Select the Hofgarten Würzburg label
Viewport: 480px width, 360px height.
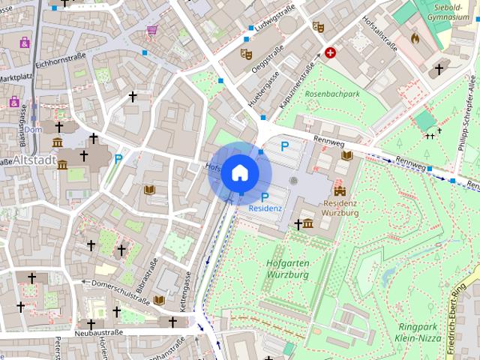point(287,268)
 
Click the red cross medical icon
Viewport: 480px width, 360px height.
point(330,53)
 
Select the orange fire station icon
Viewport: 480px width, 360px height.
point(416,36)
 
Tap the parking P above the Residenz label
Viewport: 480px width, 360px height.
point(265,196)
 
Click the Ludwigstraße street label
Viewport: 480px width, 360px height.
point(275,21)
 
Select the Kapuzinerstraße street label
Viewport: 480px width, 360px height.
point(296,85)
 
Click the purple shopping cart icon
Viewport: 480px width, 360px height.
point(152,31)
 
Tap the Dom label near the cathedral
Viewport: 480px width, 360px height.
point(32,130)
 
